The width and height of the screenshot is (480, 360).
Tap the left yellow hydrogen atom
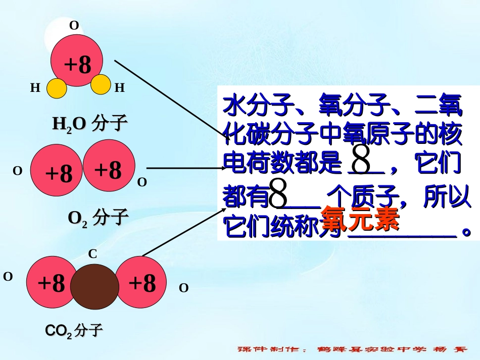pyautogui.click(x=57, y=88)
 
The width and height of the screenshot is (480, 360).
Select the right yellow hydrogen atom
pyautogui.click(x=101, y=85)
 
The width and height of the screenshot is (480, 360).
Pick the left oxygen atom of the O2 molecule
pyautogui.click(x=57, y=172)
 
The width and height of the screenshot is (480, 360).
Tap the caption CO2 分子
pyautogui.click(x=74, y=331)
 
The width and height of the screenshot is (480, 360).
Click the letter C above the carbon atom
pyautogui.click(x=93, y=255)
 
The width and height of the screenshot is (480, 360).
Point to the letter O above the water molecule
pyautogui.click(x=74, y=26)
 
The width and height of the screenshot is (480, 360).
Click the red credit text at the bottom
pyautogui.click(x=353, y=349)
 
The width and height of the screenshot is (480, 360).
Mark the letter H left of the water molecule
pyautogui.click(x=35, y=88)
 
